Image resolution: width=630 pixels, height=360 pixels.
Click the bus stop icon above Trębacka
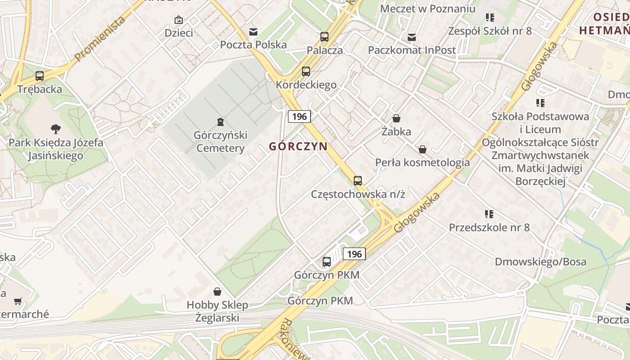click(40, 76)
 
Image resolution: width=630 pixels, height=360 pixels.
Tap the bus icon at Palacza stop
click(324, 37)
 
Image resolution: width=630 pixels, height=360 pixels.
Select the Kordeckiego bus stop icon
click(306, 71)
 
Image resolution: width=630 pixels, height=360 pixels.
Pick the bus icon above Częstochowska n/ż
click(358, 181)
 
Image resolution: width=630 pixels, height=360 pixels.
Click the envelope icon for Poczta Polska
click(253, 31)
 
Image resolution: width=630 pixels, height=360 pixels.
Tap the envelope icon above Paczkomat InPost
click(412, 37)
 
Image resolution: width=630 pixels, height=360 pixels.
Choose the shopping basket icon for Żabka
click(396, 118)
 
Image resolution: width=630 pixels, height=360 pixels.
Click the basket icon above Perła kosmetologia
click(423, 149)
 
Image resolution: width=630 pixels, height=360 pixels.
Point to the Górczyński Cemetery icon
click(220, 121)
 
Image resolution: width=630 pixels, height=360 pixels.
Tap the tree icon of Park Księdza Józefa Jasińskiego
click(56, 129)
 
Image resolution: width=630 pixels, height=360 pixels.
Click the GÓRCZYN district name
click(298, 146)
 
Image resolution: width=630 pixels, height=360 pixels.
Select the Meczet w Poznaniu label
click(427, 9)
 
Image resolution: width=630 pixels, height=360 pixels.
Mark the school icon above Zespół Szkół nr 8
click(490, 18)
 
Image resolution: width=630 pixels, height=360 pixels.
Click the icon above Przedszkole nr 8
click(490, 214)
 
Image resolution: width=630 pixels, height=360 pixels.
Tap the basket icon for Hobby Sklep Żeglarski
click(217, 292)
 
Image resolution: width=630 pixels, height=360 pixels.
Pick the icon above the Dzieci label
click(179, 20)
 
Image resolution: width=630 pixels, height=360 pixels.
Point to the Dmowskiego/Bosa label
click(540, 262)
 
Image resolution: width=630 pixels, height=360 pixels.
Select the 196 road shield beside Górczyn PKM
click(354, 254)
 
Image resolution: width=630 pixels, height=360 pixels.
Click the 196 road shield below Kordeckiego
click(299, 117)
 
